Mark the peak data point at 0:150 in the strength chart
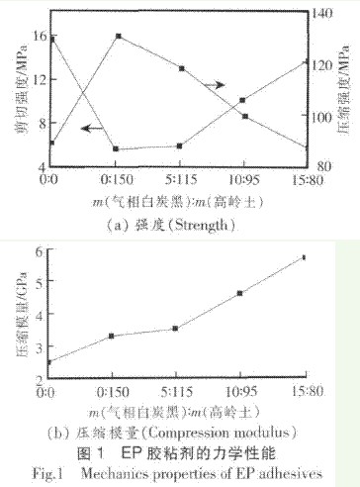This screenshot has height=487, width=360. [x=118, y=36]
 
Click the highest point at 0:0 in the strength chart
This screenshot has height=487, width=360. [x=52, y=39]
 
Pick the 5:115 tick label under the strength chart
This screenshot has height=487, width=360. [x=179, y=181]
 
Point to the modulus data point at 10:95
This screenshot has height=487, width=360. [x=240, y=293]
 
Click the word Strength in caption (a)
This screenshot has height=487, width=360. [x=202, y=226]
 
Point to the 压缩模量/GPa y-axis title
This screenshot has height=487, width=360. [x=19, y=312]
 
